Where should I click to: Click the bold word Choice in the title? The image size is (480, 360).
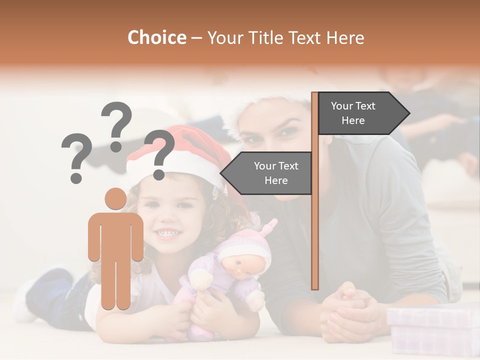(156, 37)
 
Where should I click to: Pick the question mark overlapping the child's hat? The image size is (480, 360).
(159, 154)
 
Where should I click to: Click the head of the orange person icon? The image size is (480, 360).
(115, 198)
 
